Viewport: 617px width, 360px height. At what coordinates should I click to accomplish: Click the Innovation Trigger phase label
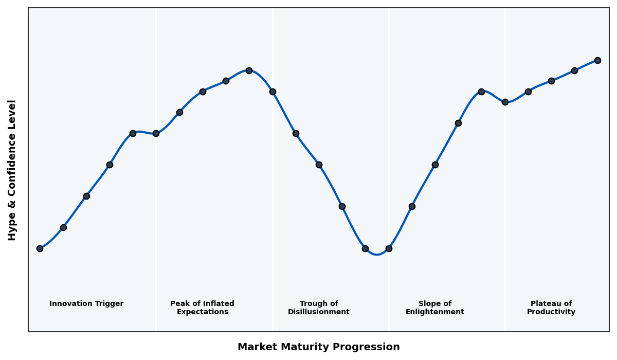(x=86, y=304)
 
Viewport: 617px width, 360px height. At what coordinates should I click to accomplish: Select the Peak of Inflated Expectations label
(x=202, y=308)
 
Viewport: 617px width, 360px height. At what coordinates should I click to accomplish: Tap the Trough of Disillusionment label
(x=319, y=308)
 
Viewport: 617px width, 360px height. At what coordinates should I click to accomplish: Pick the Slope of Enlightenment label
(x=435, y=308)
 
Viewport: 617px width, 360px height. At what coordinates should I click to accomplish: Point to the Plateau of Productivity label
(x=551, y=308)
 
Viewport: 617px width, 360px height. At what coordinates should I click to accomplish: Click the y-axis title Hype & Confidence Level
(x=12, y=170)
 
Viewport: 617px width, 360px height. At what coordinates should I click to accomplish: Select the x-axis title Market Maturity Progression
(x=319, y=347)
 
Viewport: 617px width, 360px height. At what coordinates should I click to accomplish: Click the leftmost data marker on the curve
(x=40, y=248)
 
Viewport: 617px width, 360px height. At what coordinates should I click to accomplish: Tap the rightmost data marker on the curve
(x=597, y=60)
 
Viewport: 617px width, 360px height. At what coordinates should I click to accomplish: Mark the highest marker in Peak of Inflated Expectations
(x=249, y=70)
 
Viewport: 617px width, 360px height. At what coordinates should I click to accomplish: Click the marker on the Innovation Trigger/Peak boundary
(x=156, y=133)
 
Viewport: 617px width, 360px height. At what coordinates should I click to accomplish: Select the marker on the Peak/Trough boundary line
(x=273, y=92)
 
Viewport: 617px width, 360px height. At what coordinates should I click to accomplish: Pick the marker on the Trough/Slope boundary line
(x=389, y=248)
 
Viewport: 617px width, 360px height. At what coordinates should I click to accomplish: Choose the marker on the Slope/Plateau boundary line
(x=505, y=102)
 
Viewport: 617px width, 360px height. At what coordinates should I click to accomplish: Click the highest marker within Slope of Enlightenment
(x=481, y=92)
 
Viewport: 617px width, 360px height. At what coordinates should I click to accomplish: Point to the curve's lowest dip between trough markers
(x=377, y=254)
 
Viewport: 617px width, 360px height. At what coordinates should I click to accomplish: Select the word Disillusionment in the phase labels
(x=319, y=312)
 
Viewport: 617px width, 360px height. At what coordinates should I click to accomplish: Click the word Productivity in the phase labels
(x=551, y=312)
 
